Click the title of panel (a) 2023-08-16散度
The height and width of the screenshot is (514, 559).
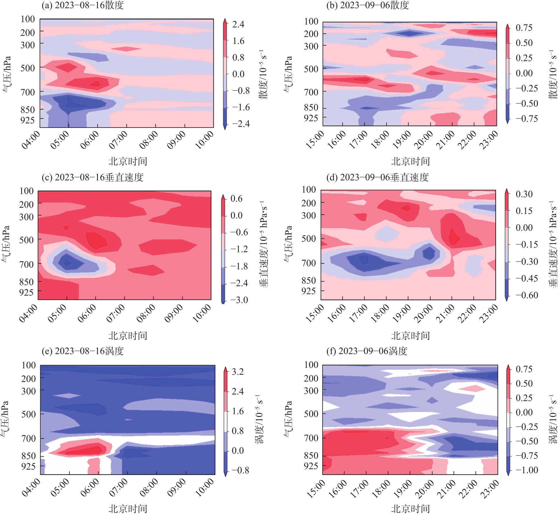pos(83,5)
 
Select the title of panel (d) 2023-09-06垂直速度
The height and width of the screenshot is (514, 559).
pos(377,177)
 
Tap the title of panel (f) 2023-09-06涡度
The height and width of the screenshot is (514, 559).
pos(367,351)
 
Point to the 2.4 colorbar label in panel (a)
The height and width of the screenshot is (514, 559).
pos(238,24)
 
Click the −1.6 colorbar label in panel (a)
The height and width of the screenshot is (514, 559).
pos(241,107)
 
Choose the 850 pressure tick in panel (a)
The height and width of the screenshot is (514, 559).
pos(27,110)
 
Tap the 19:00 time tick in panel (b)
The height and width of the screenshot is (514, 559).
pos(402,140)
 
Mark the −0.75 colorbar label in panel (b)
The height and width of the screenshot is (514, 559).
pos(527,119)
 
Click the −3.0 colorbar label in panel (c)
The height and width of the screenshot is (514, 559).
pos(239,300)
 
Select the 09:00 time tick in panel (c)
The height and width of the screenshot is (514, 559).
pos(174,313)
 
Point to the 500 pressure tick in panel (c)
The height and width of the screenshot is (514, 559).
pos(26,240)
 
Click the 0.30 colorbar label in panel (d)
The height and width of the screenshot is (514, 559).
pos(524,194)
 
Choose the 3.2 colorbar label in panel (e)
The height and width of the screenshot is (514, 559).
pos(238,372)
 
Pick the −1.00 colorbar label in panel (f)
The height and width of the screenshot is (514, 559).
pos(527,470)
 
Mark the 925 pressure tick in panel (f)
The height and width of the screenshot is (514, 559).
pos(311,466)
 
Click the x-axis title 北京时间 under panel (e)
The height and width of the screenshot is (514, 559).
pos(128,509)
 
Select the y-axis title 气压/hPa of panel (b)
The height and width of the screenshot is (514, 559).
pos(288,74)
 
